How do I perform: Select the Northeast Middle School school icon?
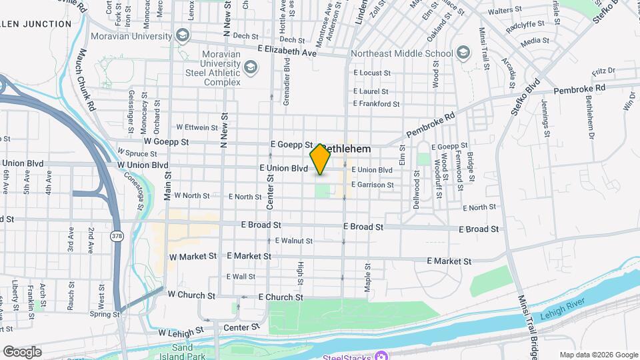pyautogui.click(x=462, y=52)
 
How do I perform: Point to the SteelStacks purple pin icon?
pyautogui.click(x=381, y=355)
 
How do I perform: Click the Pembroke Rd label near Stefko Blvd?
pyautogui.click(x=579, y=88)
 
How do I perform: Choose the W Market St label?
pyautogui.click(x=193, y=255)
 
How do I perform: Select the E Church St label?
pyautogui.click(x=280, y=297)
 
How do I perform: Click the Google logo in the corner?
pyautogui.click(x=21, y=352)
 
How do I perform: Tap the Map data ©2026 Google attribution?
pyautogui.click(x=598, y=355)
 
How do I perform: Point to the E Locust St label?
pyautogui.click(x=371, y=72)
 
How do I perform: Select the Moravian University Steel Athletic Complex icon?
pyautogui.click(x=251, y=67)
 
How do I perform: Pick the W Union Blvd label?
pyautogui.click(x=143, y=165)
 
